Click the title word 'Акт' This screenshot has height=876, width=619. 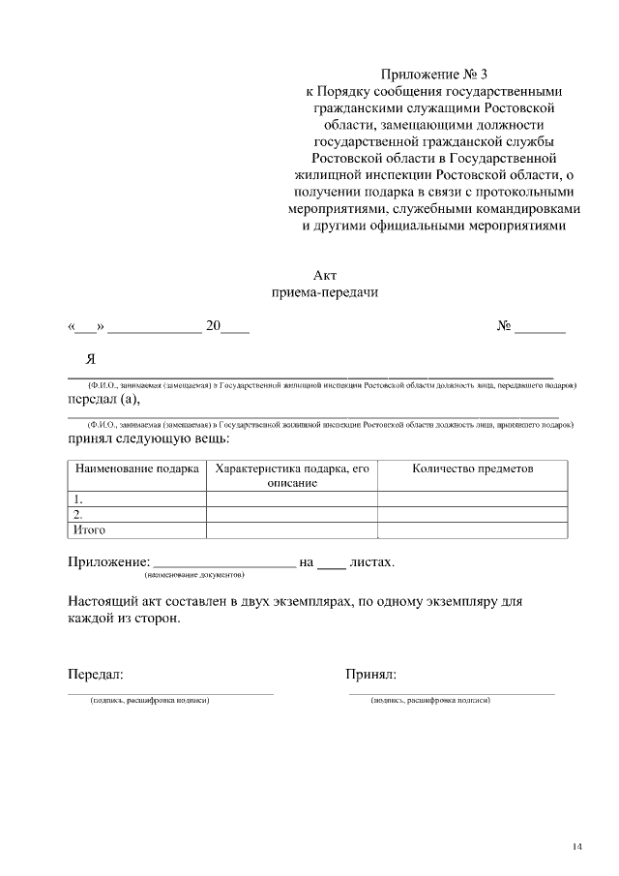(324, 276)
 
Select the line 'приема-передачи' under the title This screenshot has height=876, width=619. (324, 292)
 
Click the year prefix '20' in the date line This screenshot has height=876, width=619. (214, 326)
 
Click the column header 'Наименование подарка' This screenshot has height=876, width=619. (136, 468)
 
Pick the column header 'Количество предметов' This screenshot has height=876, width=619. (472, 468)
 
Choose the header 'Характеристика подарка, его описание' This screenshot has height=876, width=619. (292, 475)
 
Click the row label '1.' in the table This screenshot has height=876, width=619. (78, 499)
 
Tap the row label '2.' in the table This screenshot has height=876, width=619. (78, 515)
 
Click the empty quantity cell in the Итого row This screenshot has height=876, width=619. (472, 529)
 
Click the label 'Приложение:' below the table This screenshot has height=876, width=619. (109, 561)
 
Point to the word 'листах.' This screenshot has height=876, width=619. (371, 561)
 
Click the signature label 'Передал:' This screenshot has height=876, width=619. (95, 675)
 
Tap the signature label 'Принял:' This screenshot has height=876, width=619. (371, 675)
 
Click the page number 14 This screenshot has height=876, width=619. (576, 848)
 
